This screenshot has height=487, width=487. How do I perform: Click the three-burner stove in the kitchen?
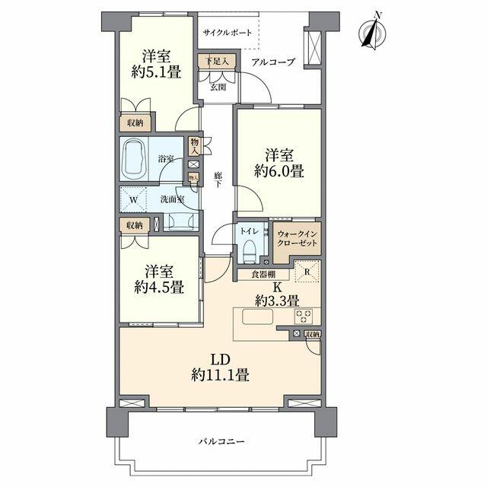[x=303, y=317]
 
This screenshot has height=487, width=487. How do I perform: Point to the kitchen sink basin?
[x=258, y=317]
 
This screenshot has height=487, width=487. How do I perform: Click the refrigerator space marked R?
[x=307, y=271]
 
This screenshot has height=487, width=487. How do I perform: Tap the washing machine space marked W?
[x=133, y=199]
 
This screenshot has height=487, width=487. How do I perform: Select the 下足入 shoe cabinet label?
[x=218, y=61]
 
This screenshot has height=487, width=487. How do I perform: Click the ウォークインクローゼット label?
[x=297, y=238]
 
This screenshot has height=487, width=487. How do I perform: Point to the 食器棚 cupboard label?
[x=263, y=274]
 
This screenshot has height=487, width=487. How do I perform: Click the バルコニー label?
[x=221, y=441]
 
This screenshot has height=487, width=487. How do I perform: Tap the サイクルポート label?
[x=227, y=33]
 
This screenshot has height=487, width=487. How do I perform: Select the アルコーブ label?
[x=273, y=62]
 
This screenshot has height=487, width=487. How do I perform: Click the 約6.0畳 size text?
[x=279, y=171]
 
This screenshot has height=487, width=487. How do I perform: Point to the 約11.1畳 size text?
[x=220, y=374]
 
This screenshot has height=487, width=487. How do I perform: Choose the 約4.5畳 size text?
[x=159, y=287]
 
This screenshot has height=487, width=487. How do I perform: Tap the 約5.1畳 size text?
[x=156, y=72]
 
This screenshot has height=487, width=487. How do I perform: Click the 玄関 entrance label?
[x=218, y=88]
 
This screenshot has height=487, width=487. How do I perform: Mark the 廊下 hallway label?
[x=218, y=180]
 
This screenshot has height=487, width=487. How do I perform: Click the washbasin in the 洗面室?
[x=181, y=221]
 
